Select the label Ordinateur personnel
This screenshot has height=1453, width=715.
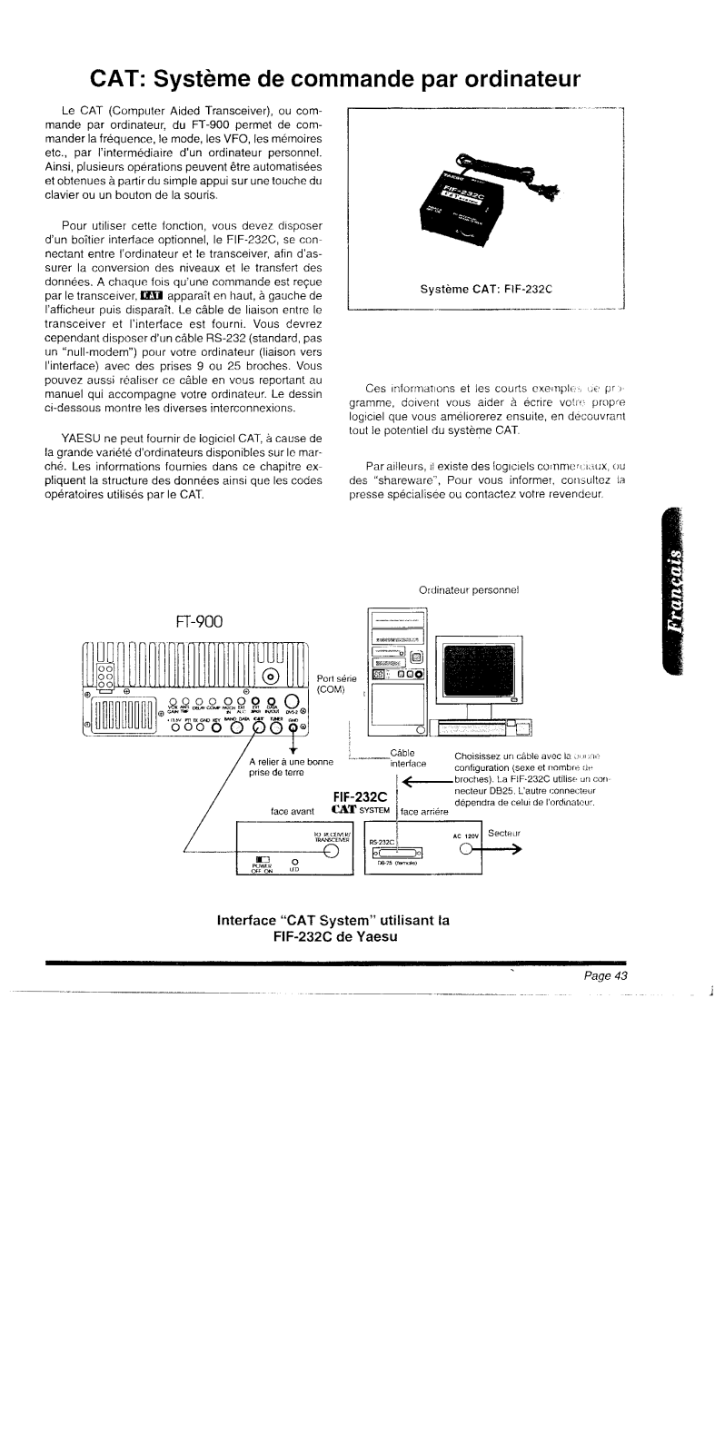[468, 589]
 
